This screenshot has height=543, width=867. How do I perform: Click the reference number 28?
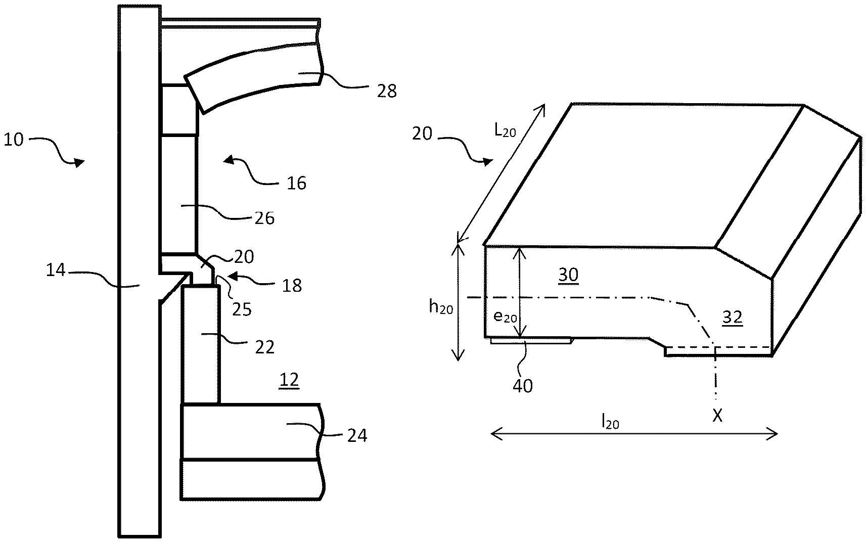point(387,91)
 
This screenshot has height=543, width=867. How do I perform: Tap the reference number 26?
point(264,218)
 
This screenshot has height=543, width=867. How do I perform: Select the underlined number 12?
point(289,381)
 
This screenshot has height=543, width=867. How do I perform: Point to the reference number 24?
point(357,435)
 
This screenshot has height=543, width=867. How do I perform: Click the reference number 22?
point(264,347)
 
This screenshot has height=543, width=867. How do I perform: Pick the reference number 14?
point(56,271)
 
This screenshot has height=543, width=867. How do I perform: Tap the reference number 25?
point(242,308)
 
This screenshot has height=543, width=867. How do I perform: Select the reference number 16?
point(296,183)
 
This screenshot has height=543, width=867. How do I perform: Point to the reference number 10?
point(14,140)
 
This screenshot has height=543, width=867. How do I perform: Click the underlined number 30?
point(568,275)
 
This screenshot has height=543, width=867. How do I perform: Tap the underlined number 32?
point(732,317)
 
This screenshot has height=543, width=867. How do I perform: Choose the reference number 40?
point(523,386)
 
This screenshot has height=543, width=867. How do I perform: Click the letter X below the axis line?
point(717,416)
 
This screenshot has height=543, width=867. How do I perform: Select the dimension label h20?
point(441,306)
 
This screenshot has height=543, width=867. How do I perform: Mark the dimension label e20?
point(505,317)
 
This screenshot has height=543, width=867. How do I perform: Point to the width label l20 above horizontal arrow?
point(610,421)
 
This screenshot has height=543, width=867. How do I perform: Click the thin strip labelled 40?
point(531,341)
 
